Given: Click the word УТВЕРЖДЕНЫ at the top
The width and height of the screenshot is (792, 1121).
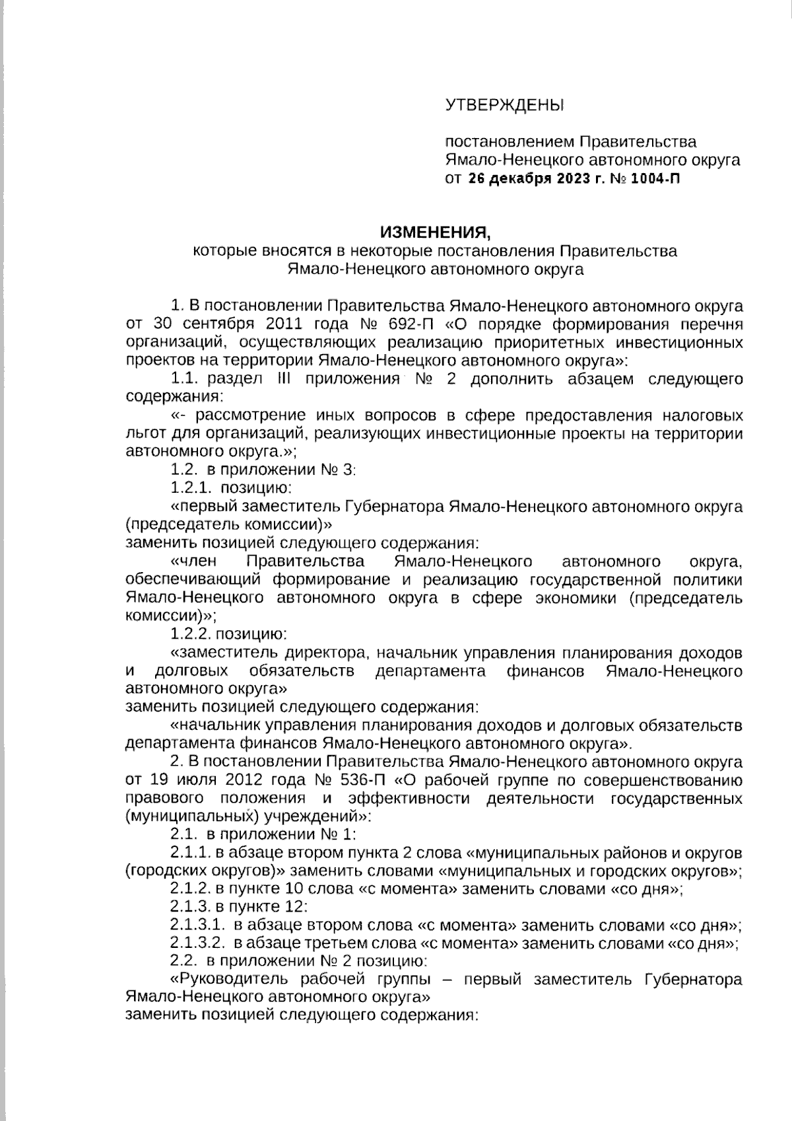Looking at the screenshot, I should [505, 104].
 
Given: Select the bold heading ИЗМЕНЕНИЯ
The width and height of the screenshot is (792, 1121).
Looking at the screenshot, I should [435, 233].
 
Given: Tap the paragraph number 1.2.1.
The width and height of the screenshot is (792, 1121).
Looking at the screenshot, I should [191, 488].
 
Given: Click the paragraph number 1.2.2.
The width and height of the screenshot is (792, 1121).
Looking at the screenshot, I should [191, 634].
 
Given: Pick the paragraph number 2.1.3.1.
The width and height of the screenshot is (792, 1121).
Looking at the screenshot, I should [196, 925].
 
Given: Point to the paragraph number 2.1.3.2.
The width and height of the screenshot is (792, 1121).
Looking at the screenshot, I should [196, 943].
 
